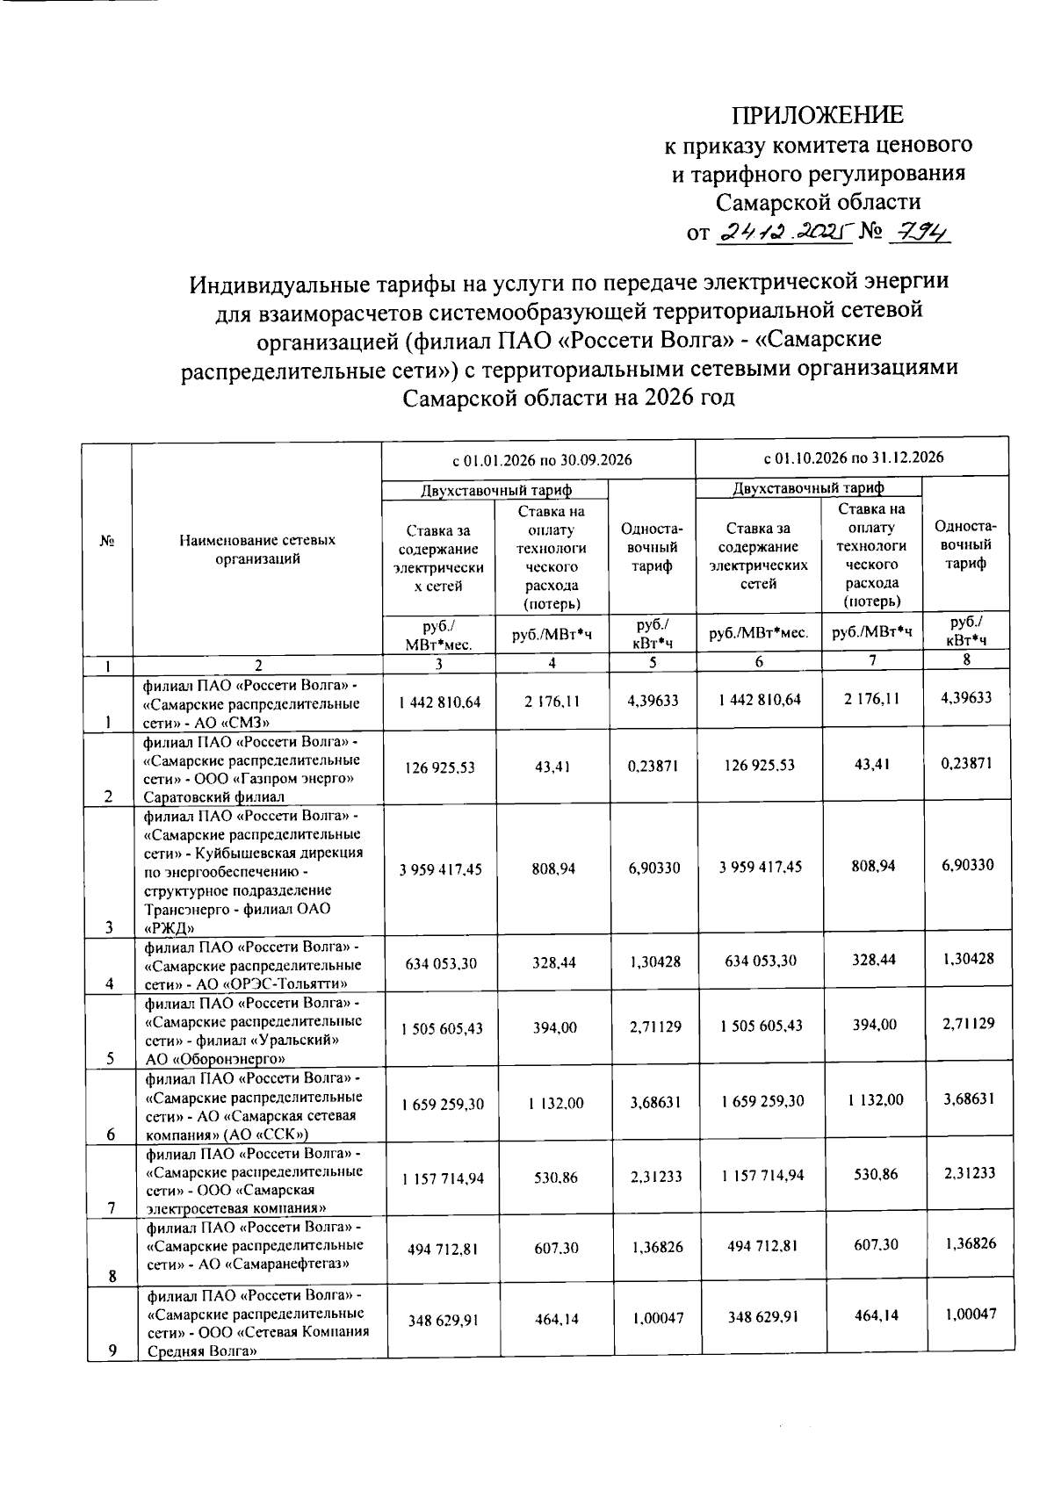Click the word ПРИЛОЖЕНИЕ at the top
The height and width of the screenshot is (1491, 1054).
[818, 115]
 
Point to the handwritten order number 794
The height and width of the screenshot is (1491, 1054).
[921, 233]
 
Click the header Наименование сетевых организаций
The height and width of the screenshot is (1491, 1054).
[257, 549]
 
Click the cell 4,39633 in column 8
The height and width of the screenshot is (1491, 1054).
[966, 698]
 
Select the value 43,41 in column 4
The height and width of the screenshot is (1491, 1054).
[552, 767]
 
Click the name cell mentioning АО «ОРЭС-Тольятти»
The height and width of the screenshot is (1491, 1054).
[253, 964]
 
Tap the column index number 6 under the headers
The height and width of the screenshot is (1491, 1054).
[759, 662]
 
